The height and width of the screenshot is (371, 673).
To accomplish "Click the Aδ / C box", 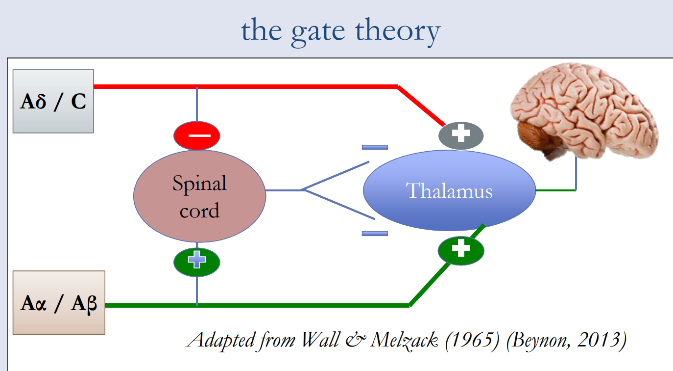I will point(53,101).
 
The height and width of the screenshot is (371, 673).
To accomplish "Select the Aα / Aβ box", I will point(59,302).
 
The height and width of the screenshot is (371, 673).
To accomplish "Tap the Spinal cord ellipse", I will point(199,196).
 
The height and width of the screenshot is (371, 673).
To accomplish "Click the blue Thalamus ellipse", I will point(449,190).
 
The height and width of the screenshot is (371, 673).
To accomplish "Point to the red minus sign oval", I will point(196,135).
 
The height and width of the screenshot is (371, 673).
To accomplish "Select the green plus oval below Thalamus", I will point(460,250).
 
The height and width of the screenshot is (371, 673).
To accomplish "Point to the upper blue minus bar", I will point(375,147).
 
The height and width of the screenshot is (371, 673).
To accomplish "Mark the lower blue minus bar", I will point(375,234).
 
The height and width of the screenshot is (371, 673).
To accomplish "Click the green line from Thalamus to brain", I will point(555,189).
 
